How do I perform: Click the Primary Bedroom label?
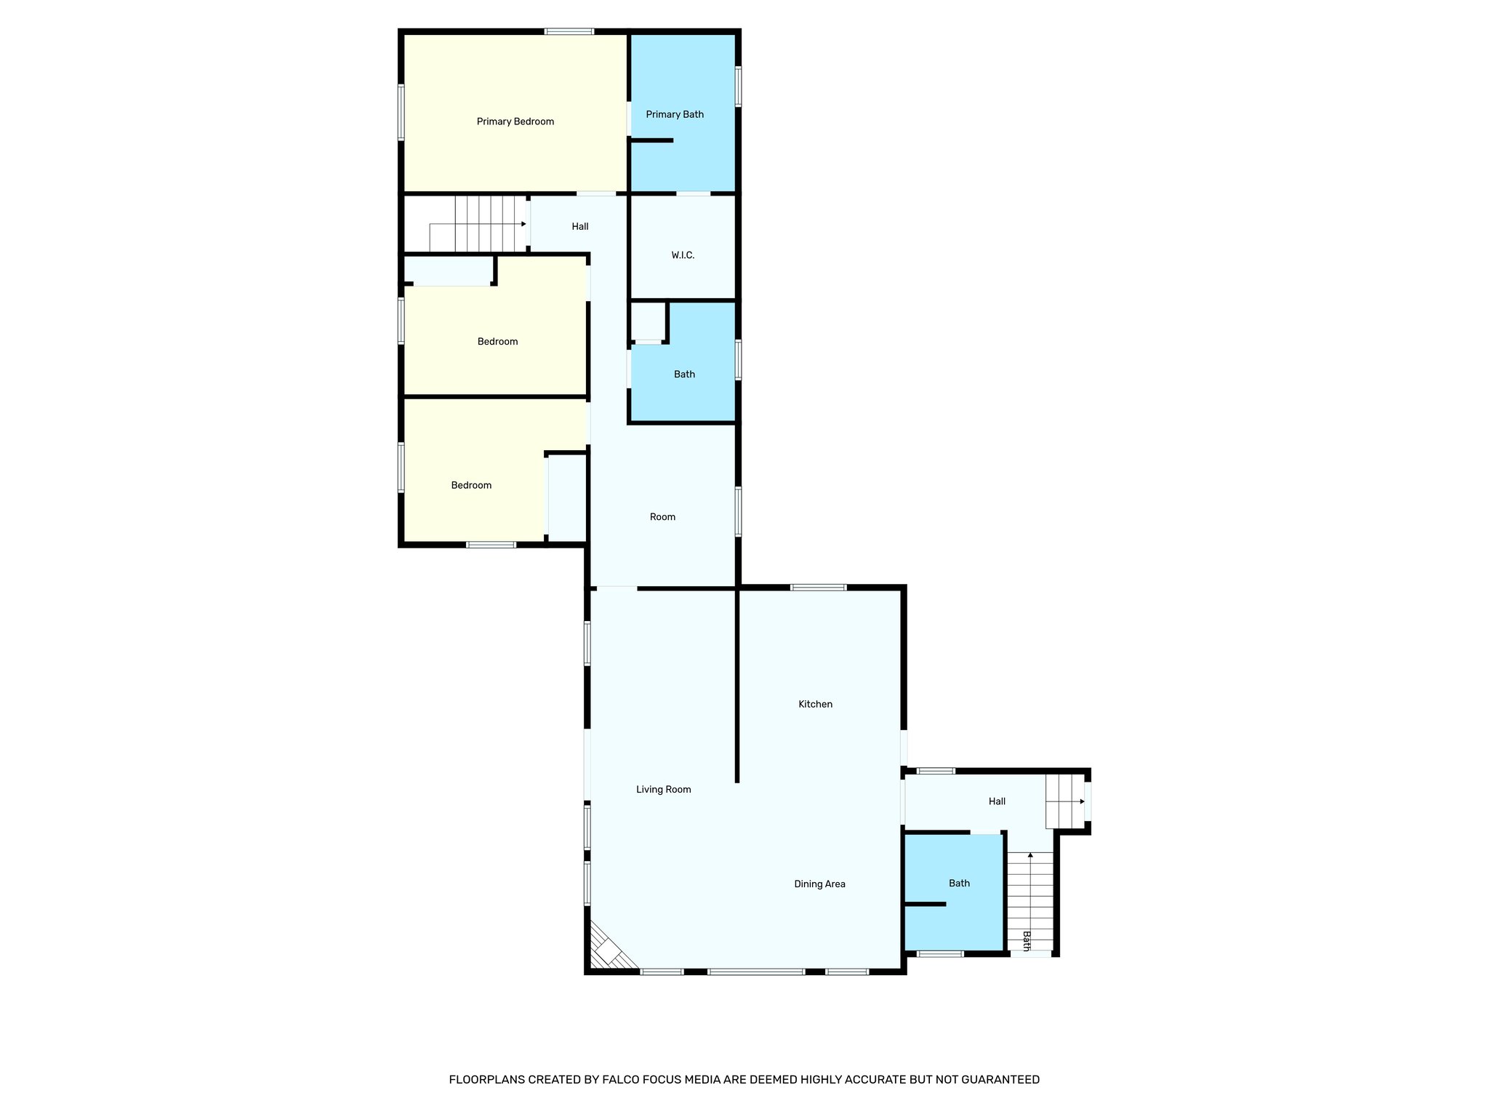pyautogui.click(x=515, y=121)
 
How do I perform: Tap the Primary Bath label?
pyautogui.click(x=675, y=114)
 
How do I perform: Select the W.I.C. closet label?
pyautogui.click(x=683, y=255)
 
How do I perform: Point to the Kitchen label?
pyautogui.click(x=815, y=704)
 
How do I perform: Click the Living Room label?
pyautogui.click(x=663, y=789)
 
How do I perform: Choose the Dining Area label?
pyautogui.click(x=819, y=884)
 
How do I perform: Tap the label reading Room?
pyautogui.click(x=662, y=517)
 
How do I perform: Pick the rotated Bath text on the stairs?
pyautogui.click(x=1027, y=941)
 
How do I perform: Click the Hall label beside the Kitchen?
pyautogui.click(x=997, y=801)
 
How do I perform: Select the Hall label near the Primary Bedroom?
pyautogui.click(x=579, y=226)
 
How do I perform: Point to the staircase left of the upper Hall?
pyautogui.click(x=480, y=224)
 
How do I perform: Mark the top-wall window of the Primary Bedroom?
pyautogui.click(x=569, y=31)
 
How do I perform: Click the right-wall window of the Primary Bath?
pyautogui.click(x=738, y=87)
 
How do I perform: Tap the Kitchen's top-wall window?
pyautogui.click(x=819, y=587)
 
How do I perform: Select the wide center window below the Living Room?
pyautogui.click(x=756, y=972)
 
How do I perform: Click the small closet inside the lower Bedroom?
pyautogui.click(x=566, y=497)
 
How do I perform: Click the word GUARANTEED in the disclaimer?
pyautogui.click(x=1000, y=1080)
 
